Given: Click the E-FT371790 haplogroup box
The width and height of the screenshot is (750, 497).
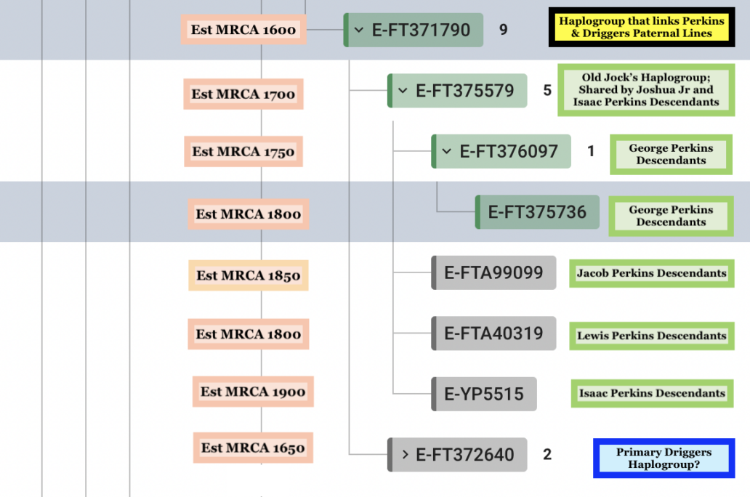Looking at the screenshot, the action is [x=414, y=30].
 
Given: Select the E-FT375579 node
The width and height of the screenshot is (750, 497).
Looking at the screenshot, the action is [x=457, y=90].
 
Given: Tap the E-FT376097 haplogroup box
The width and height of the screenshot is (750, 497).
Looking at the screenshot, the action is [x=501, y=151].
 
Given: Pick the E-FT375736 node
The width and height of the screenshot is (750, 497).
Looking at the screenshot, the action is [x=537, y=212].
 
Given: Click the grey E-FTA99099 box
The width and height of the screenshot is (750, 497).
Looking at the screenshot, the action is [x=493, y=272].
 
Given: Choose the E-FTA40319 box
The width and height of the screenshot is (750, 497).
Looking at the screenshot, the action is [x=493, y=334].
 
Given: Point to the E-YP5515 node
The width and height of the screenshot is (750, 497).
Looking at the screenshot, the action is [x=484, y=394].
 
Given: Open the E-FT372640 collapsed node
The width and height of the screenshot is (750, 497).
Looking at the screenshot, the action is [x=457, y=454].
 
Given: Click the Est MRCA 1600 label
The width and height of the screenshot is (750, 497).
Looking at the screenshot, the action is [x=243, y=29].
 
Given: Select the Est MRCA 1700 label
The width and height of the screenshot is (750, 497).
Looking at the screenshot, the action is [x=243, y=94].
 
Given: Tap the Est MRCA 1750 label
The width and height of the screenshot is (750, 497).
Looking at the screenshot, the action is [x=243, y=151].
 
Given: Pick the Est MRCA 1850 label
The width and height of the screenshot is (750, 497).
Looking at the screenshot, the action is [x=249, y=275].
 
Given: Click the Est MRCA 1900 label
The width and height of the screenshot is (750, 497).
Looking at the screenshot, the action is [x=253, y=392].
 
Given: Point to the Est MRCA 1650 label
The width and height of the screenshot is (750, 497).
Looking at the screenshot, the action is [x=253, y=448].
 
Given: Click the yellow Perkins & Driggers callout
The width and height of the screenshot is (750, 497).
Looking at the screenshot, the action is [x=642, y=27].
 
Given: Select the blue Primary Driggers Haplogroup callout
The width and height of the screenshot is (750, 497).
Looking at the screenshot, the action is [x=664, y=458].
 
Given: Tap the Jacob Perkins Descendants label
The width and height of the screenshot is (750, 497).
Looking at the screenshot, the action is [x=651, y=273].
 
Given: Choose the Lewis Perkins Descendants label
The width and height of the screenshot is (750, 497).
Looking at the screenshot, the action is [x=651, y=336].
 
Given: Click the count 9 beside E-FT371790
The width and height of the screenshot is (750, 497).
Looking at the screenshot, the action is [x=503, y=30].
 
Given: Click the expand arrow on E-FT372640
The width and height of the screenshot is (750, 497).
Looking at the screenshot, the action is [x=405, y=454].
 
